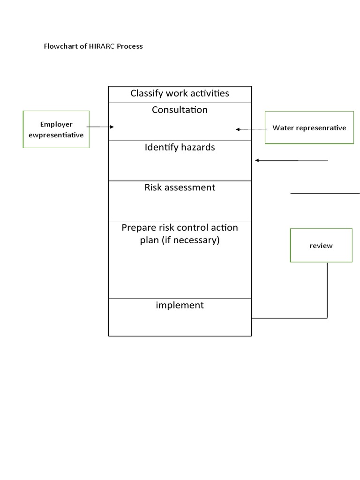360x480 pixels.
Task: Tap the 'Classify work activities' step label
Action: coord(180,93)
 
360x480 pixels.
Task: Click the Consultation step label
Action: coord(180,110)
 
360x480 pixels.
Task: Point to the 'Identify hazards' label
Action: coord(180,148)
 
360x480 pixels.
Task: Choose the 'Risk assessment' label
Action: coord(180,187)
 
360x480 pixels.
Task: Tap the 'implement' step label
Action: coord(180,306)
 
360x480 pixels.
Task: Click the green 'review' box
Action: coord(321,245)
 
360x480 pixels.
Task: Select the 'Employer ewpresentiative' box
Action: coord(56,129)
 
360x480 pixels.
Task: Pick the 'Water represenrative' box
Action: coord(309,127)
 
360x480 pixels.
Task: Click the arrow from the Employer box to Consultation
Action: coord(100,127)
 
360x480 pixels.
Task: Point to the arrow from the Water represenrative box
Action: coord(251,129)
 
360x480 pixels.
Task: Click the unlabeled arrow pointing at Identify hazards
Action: coord(291,160)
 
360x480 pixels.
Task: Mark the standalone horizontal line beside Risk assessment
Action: coord(325,193)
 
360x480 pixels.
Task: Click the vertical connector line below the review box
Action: coord(327,291)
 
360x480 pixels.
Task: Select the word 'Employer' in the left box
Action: coord(56,125)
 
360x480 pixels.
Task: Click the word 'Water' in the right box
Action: coord(283,127)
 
